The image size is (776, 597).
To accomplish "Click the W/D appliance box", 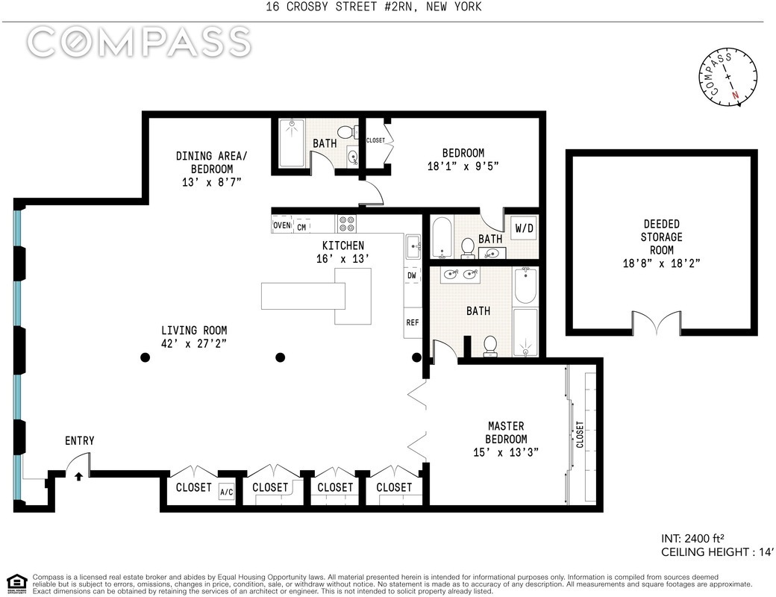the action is click(x=524, y=228).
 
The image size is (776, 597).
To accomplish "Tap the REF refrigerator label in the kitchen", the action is click(x=412, y=322).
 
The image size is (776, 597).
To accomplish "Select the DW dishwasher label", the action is click(x=412, y=275).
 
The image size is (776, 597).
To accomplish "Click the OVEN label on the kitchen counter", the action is click(x=281, y=225).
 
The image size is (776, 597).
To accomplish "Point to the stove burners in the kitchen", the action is click(x=346, y=224).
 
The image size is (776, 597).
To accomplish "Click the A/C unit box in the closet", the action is click(x=227, y=492).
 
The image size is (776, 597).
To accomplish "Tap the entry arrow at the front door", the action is click(x=78, y=476).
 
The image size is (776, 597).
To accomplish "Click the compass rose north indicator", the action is click(x=735, y=95).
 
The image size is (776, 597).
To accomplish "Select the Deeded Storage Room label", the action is click(x=661, y=237).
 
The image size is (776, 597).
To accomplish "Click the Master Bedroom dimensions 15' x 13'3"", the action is click(x=505, y=452).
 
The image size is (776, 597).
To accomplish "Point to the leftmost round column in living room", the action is click(x=145, y=357).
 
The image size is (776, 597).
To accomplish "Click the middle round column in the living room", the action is click(x=280, y=357).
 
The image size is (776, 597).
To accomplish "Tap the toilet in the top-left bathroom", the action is click(x=345, y=131).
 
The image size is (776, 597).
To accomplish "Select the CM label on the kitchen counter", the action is click(x=301, y=228).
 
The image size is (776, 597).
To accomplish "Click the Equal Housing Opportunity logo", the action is click(x=16, y=584).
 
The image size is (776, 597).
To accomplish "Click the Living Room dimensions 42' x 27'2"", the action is click(x=193, y=343).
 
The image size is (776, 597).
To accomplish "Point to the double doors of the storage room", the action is click(x=656, y=322).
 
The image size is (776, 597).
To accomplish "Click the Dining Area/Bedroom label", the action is click(x=211, y=163).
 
